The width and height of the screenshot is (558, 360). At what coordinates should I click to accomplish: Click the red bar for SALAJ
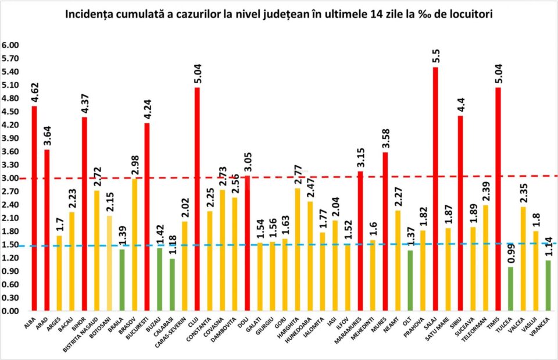pyautogui.click(x=435, y=189)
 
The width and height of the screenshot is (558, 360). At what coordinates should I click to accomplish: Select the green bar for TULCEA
pyautogui.click(x=510, y=289)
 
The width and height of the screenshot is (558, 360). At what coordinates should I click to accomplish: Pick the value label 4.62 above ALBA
pyautogui.click(x=34, y=94)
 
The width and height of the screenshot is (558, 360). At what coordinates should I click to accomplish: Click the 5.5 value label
pyautogui.click(x=435, y=57)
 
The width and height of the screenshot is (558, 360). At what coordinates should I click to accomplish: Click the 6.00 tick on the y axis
pyautogui.click(x=10, y=45)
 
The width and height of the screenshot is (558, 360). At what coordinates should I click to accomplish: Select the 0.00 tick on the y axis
pyautogui.click(x=10, y=311)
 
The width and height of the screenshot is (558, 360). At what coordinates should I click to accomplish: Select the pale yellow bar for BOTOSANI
pyautogui.click(x=110, y=263)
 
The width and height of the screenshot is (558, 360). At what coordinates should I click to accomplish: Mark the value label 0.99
pyautogui.click(x=510, y=254)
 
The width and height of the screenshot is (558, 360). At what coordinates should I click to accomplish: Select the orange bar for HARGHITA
pyautogui.click(x=297, y=249)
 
